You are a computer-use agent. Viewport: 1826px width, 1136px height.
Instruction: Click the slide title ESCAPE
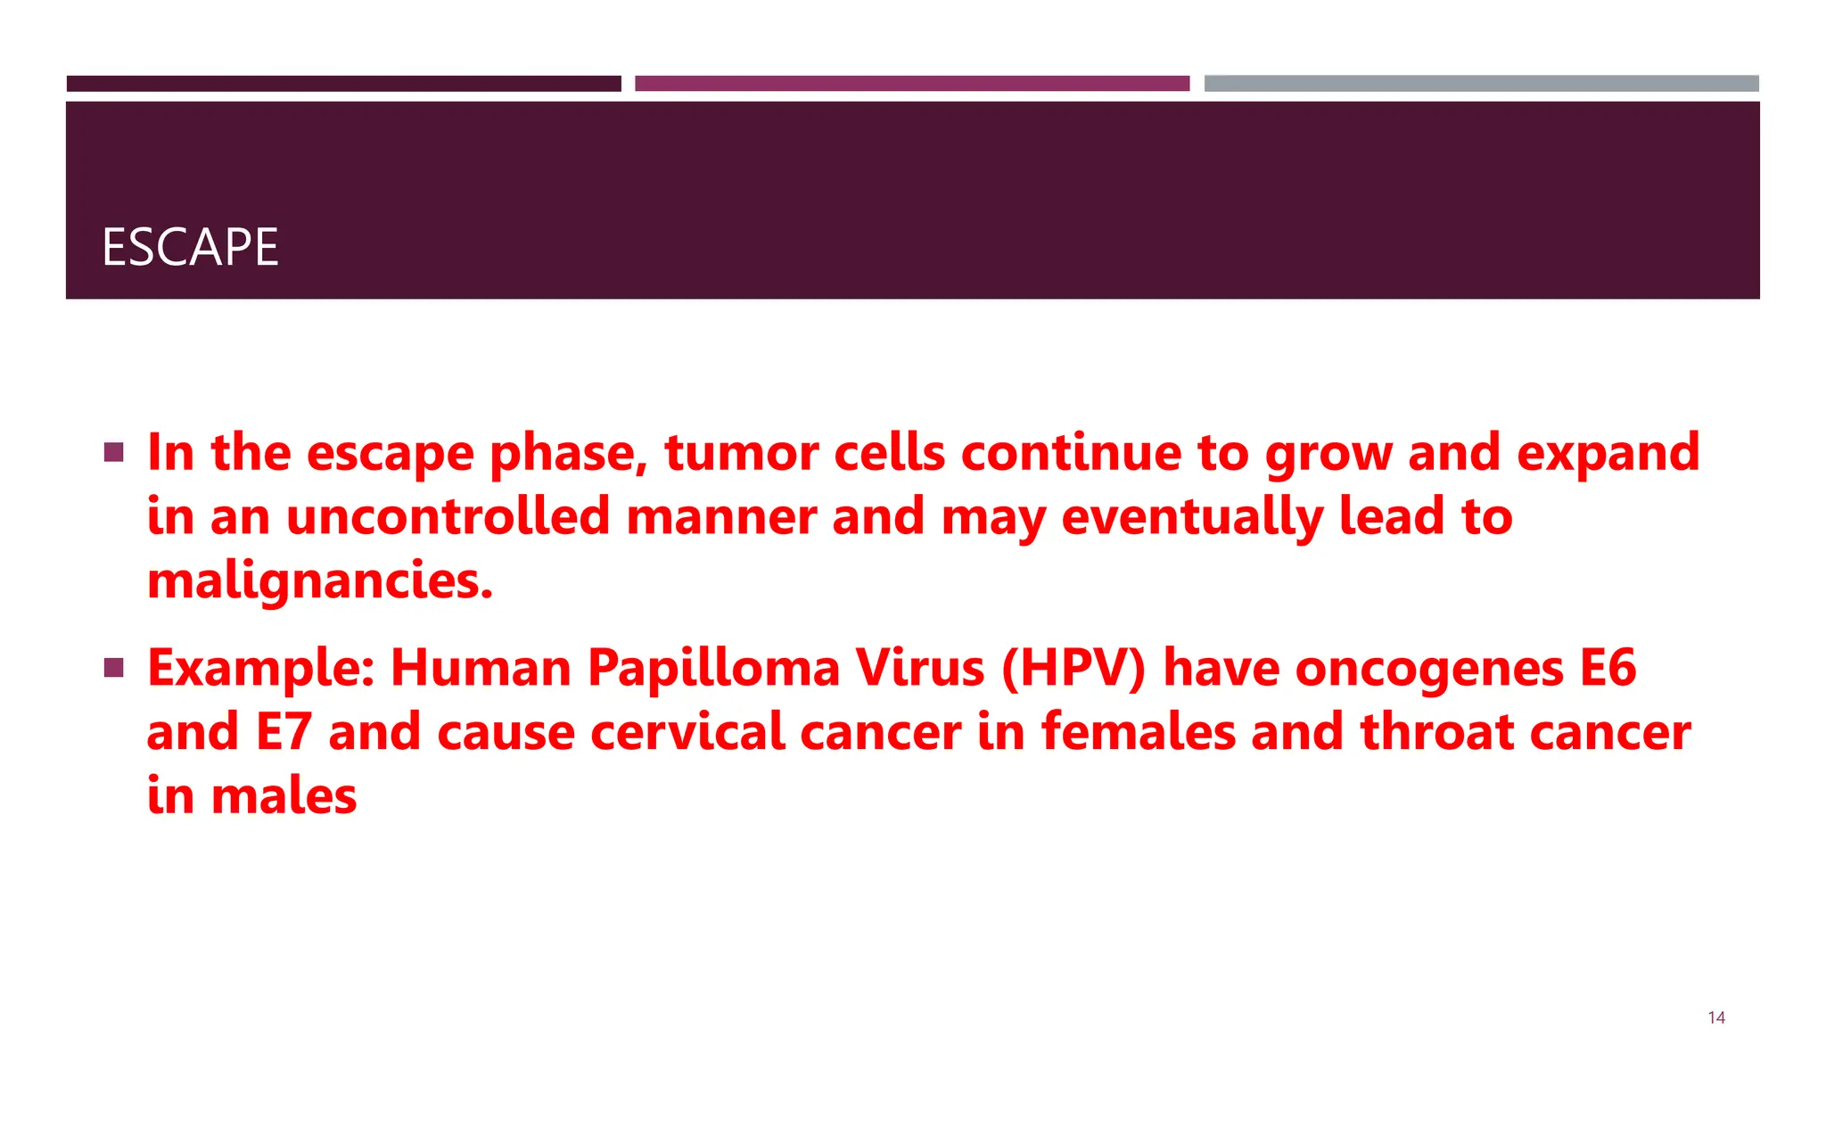click(190, 247)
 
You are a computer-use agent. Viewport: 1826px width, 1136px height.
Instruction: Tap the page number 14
click(1715, 1017)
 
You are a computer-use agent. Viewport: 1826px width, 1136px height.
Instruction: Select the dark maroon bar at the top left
click(343, 84)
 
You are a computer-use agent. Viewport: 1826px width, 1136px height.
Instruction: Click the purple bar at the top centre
click(912, 84)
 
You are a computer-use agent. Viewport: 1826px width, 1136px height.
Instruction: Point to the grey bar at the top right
click(1481, 84)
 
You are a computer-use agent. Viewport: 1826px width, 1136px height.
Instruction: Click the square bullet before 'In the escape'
click(113, 452)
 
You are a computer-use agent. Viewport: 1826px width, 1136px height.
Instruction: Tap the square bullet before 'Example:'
click(113, 668)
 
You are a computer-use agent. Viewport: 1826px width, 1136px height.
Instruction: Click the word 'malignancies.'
click(320, 581)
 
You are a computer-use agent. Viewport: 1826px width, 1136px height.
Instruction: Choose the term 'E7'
click(284, 732)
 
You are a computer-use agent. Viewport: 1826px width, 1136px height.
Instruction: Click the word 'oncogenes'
click(1429, 668)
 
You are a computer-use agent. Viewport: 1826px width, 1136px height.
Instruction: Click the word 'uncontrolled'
click(448, 516)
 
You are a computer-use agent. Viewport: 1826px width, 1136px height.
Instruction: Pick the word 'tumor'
click(741, 452)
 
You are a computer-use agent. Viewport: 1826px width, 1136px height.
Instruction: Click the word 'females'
click(1139, 732)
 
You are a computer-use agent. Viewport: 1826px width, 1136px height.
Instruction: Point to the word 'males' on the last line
click(284, 795)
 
